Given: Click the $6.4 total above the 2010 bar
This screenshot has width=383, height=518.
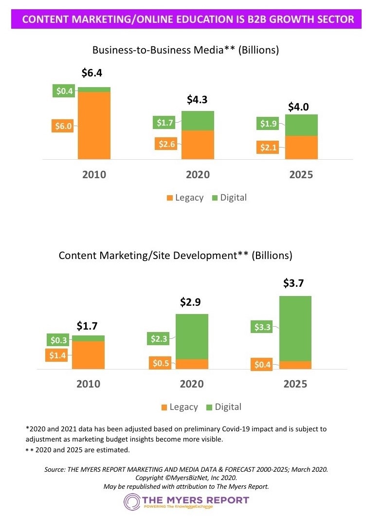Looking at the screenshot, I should click(x=91, y=74).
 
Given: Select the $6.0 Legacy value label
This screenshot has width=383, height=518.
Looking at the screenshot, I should click(x=63, y=126).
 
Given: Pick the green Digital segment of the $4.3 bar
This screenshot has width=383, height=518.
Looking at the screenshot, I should click(x=198, y=121).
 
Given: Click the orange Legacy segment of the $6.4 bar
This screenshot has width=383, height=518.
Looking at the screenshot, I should click(x=94, y=125).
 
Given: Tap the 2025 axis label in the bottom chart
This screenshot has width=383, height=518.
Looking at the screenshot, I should click(x=295, y=384).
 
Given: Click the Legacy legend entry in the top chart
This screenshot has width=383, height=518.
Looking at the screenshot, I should click(x=185, y=198).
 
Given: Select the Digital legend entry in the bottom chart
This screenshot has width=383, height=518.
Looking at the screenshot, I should click(x=224, y=407).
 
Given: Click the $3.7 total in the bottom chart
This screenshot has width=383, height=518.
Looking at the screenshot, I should click(x=295, y=283).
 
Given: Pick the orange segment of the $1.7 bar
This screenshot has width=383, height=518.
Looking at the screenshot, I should click(x=88, y=355).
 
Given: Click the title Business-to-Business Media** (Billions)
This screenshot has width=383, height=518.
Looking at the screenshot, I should click(x=185, y=50).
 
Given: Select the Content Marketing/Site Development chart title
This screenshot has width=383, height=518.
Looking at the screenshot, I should click(x=175, y=256).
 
